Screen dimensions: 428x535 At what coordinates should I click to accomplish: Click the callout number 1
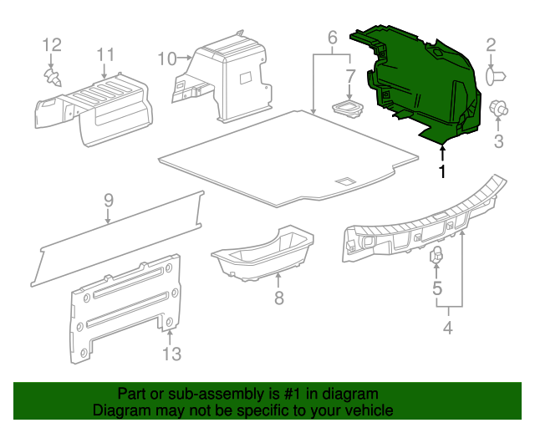(442, 171)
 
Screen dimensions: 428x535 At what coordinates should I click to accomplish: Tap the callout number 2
(491, 45)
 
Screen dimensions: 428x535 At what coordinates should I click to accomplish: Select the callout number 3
(498, 142)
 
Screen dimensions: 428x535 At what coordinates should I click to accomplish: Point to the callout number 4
(447, 328)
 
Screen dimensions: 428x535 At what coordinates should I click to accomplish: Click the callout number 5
(436, 289)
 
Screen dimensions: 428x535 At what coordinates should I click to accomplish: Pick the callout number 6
(332, 38)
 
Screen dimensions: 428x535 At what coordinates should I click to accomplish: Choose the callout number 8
(279, 297)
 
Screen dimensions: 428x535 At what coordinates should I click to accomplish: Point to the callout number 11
(104, 54)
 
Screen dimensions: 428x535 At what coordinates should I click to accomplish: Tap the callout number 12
(52, 43)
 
